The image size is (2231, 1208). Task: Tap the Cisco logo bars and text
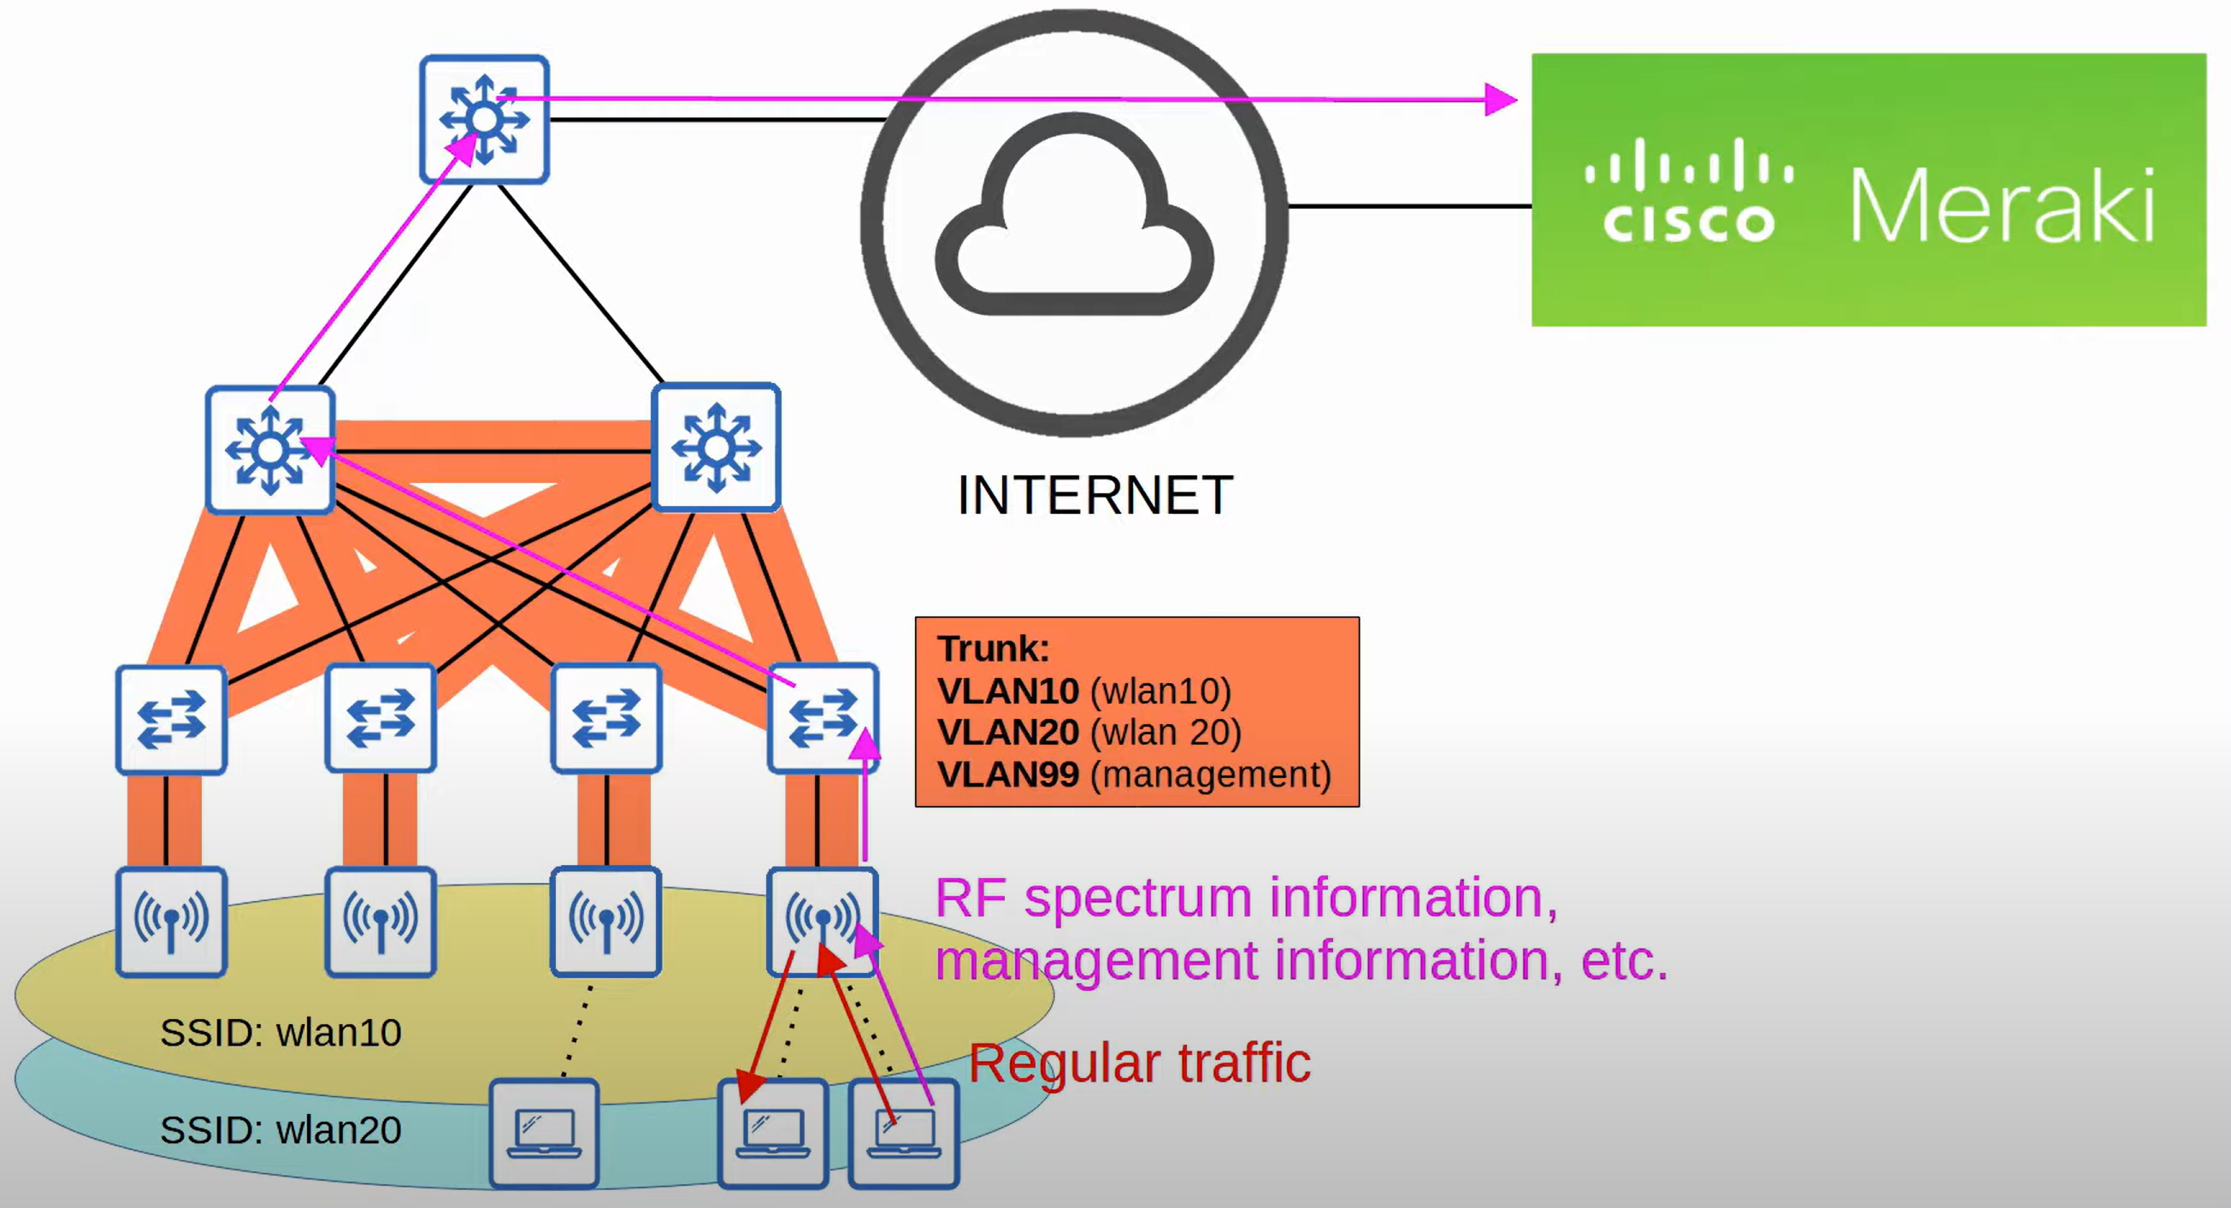(1688, 191)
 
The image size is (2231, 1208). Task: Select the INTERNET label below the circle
(1095, 495)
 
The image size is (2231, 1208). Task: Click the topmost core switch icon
(484, 120)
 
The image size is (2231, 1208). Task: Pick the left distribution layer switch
(270, 450)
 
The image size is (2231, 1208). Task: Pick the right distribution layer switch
(717, 448)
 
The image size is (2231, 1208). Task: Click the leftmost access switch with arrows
(172, 719)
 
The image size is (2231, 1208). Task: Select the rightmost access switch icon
(823, 718)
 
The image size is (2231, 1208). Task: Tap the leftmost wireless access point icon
(172, 922)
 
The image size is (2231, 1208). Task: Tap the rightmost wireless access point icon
(822, 922)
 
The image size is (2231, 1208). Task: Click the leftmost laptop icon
(544, 1133)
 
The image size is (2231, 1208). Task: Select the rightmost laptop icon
(903, 1133)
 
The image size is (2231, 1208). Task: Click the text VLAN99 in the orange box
(1008, 775)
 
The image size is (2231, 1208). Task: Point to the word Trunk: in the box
(994, 649)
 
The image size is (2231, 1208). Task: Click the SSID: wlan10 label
(280, 1032)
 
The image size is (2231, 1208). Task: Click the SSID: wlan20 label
(280, 1130)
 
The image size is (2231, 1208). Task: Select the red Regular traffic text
(1139, 1064)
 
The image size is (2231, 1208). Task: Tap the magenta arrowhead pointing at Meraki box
(1500, 99)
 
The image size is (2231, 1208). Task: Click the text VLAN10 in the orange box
(1008, 691)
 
